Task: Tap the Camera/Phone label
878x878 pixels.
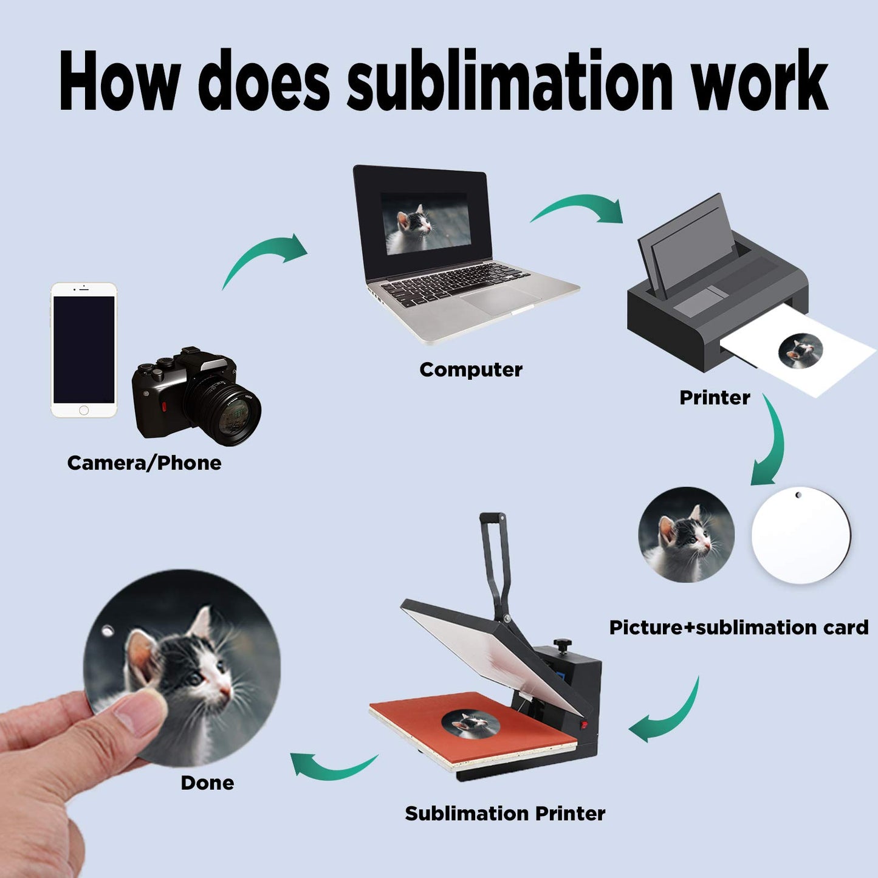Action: [144, 463]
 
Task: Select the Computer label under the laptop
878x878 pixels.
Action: [471, 369]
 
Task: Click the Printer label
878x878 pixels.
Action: [715, 397]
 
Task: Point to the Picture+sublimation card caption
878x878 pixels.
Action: [739, 627]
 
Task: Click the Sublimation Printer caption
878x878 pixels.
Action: [505, 813]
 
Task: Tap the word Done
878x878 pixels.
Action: [207, 783]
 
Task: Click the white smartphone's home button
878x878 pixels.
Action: [84, 411]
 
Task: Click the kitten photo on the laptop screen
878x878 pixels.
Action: [425, 223]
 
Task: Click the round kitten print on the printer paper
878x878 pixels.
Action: [800, 351]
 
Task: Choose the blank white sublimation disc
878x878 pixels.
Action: [801, 535]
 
